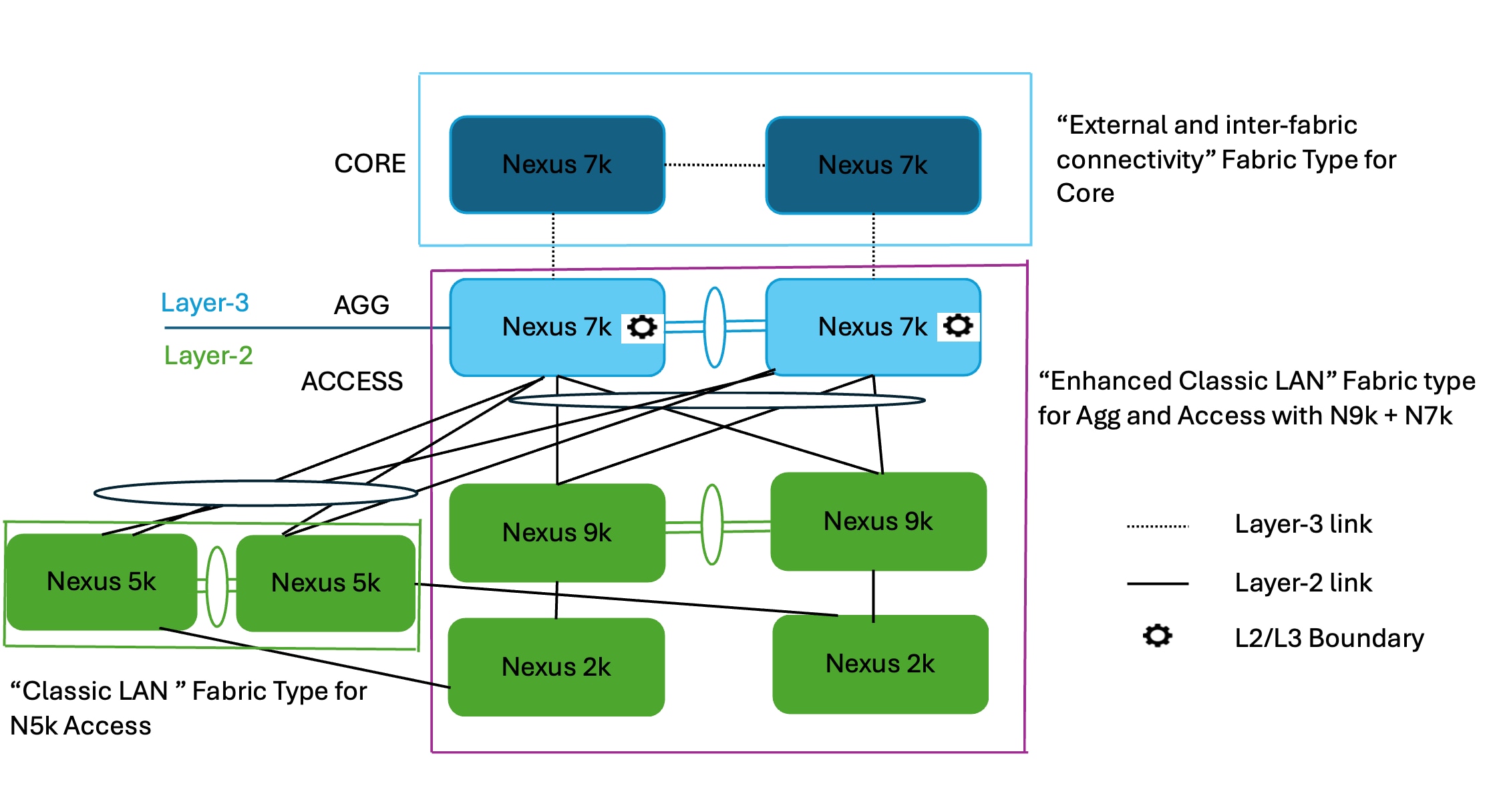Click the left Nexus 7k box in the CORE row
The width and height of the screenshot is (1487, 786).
pos(556,164)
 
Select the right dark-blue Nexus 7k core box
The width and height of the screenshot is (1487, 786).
pos(872,165)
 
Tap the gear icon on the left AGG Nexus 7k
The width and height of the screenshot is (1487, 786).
pos(643,327)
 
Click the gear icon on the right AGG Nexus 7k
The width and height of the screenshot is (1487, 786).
pos(958,326)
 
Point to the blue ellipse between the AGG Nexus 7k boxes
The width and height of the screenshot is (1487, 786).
pos(715,327)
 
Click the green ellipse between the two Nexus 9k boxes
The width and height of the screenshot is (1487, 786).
pos(712,525)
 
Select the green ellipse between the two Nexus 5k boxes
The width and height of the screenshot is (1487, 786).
pos(217,586)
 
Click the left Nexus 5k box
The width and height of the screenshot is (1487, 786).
pos(101,581)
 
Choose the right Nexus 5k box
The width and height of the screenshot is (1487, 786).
pos(325,583)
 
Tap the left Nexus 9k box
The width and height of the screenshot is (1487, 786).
pos(556,533)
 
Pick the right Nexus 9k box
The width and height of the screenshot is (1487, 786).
pos(878,521)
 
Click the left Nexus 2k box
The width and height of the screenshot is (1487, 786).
pos(556,666)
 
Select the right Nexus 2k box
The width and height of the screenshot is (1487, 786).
pos(880,664)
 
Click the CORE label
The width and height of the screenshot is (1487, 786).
pos(369,164)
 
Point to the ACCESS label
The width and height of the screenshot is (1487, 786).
pos(352,382)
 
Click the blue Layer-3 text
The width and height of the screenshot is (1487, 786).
pos(205,303)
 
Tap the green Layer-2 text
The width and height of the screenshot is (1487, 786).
pos(208,356)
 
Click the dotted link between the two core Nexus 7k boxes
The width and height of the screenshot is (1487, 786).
pos(715,164)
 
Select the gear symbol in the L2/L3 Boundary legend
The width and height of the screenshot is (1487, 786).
pos(1157,636)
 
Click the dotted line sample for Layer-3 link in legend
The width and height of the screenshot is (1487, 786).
pos(1157,526)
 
